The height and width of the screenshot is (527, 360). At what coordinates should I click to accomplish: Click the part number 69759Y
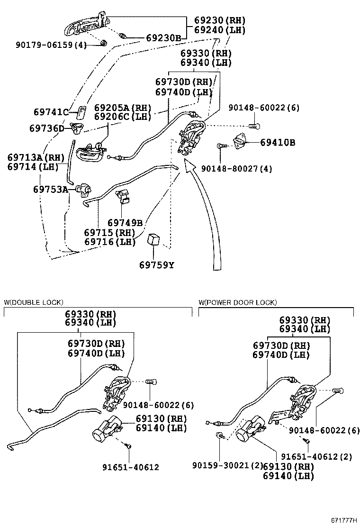point(156,265)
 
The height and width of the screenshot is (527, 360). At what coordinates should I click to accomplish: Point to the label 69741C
point(51,112)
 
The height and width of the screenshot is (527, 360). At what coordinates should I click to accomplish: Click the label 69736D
point(46,128)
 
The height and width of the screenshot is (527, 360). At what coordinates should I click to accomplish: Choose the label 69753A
point(51,189)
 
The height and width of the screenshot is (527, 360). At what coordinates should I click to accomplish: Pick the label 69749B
point(125,223)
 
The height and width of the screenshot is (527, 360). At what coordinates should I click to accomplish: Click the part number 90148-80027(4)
point(236,168)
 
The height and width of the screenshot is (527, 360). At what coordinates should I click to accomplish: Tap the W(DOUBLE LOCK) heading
point(34,302)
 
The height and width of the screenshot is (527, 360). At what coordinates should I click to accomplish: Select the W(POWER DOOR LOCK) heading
point(238,302)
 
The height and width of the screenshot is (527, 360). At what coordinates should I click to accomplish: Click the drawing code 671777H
point(344,521)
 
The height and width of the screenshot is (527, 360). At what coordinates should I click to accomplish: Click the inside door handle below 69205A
point(91,152)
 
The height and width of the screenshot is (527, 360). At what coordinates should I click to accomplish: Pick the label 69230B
point(163,37)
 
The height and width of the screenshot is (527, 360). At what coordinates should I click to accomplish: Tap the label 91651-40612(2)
point(316,456)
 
